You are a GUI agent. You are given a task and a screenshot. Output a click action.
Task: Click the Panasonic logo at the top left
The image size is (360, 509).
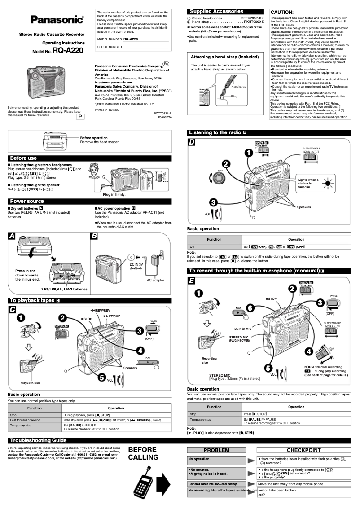[57, 19]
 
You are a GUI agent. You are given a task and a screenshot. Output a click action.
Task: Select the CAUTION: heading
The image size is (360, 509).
[282, 12]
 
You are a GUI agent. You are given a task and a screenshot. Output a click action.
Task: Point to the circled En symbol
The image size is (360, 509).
[166, 64]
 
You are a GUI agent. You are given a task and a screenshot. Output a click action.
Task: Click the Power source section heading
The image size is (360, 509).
[27, 201]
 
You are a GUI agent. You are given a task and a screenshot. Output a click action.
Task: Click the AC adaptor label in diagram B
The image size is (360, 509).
[156, 280]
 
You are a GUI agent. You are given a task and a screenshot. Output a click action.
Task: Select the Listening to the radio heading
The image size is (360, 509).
[215, 132]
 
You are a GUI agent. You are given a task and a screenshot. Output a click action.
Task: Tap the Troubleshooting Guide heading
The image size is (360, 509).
[38, 440]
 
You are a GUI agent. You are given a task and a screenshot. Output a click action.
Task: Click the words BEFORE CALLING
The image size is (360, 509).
[143, 453]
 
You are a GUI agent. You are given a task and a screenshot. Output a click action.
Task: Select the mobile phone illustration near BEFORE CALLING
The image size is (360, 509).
[142, 483]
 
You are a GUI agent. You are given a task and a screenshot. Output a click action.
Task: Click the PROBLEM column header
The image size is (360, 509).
[216, 450]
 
